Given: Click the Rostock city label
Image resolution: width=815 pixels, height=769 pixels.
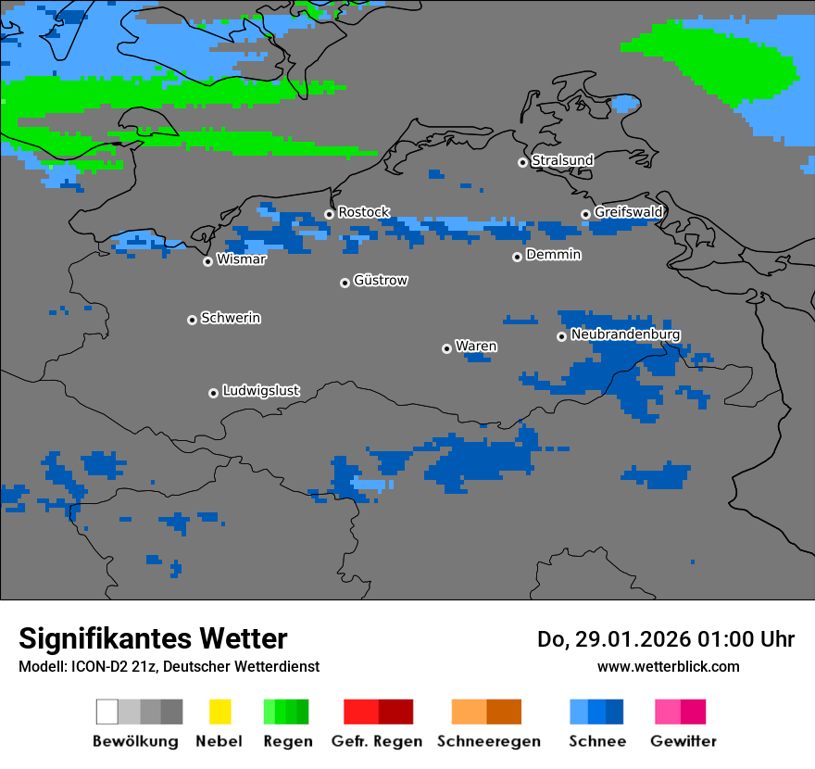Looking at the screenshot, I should [x=363, y=212].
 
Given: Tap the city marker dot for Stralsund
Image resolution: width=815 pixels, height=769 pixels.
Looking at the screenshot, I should [x=522, y=162].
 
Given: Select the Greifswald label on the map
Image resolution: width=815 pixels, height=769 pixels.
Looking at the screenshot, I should [x=628, y=212].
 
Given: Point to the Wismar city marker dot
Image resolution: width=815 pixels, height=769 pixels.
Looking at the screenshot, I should [x=207, y=261].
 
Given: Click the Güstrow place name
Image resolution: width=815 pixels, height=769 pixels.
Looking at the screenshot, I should [x=380, y=280].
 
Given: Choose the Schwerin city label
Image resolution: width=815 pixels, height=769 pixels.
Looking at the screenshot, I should [x=231, y=318].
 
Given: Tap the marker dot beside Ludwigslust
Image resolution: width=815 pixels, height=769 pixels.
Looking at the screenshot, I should [x=213, y=393].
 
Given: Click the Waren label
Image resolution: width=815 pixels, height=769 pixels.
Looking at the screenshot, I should [x=476, y=346].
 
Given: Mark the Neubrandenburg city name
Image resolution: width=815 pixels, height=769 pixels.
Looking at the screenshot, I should [x=625, y=334].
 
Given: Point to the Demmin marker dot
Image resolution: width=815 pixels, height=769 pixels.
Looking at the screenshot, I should [x=517, y=257].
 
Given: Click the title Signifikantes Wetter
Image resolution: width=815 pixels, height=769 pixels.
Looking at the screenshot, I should [x=153, y=638].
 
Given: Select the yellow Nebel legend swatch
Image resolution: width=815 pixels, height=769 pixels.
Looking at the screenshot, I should [x=219, y=712].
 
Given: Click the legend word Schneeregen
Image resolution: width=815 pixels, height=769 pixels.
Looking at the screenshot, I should [x=488, y=741].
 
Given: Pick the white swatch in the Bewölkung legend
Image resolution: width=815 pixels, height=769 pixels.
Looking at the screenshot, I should [x=107, y=712].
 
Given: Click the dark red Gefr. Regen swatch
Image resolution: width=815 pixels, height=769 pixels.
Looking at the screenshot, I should [x=395, y=712].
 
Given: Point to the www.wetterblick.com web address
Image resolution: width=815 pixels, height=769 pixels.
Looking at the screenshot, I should [x=668, y=666].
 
